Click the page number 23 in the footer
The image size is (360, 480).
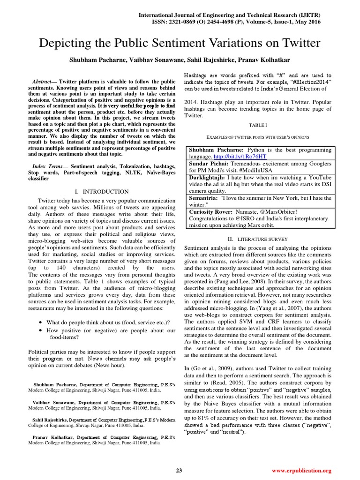click(179, 470)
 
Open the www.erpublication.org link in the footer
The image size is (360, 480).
click(301, 470)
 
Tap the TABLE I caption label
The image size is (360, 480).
click(258, 126)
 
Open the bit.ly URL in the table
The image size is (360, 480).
click(240, 156)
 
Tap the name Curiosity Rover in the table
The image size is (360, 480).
click(210, 211)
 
